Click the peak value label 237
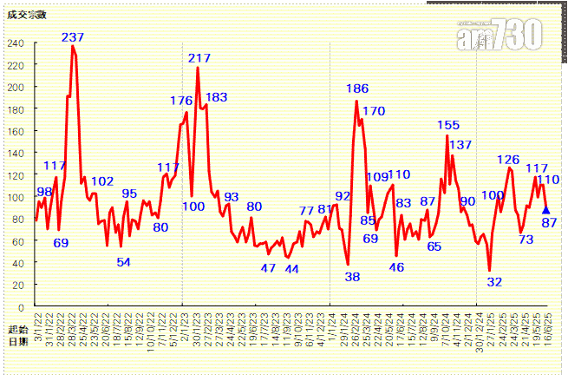tap(73, 37)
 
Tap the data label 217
tap(199, 58)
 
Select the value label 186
tap(357, 89)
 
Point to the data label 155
tap(448, 126)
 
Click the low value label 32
tap(494, 282)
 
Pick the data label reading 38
tap(352, 277)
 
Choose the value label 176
tap(181, 102)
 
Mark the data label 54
tap(123, 262)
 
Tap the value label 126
tap(508, 160)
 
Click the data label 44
tap(291, 269)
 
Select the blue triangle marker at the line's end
tap(545, 209)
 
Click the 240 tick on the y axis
tap(16, 43)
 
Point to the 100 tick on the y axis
tap(16, 197)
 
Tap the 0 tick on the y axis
tap(22, 307)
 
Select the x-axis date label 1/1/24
tap(331, 327)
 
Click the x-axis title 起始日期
tap(17, 336)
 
